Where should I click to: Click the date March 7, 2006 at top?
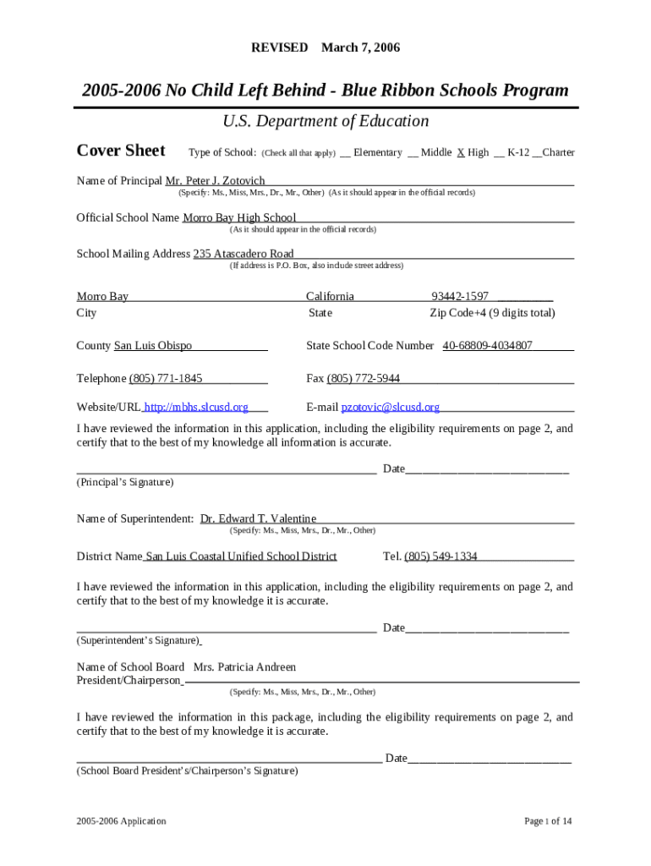coord(360,47)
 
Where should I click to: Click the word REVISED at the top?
coord(280,47)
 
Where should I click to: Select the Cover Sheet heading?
coord(121,151)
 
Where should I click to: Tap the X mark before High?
coord(461,153)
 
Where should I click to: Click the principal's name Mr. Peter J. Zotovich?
coord(215,181)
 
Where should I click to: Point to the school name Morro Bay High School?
coord(239,218)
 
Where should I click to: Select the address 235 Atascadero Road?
coord(243,254)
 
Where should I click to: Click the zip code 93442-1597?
coord(460,297)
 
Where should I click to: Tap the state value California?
coord(330,297)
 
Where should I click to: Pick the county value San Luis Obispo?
coord(153,346)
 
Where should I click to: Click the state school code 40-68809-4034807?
coord(487,346)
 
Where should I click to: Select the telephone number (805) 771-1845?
coord(166,378)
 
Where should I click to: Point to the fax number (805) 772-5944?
coord(364,378)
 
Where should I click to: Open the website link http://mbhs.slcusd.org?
coord(197,408)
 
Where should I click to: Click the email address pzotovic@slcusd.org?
coord(391,408)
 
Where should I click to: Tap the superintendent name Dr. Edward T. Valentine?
coord(258,519)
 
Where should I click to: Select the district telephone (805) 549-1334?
coord(440,556)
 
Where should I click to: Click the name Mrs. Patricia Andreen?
coord(245,667)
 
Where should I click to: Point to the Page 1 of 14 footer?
coord(548,821)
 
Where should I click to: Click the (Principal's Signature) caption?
coord(125,482)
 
